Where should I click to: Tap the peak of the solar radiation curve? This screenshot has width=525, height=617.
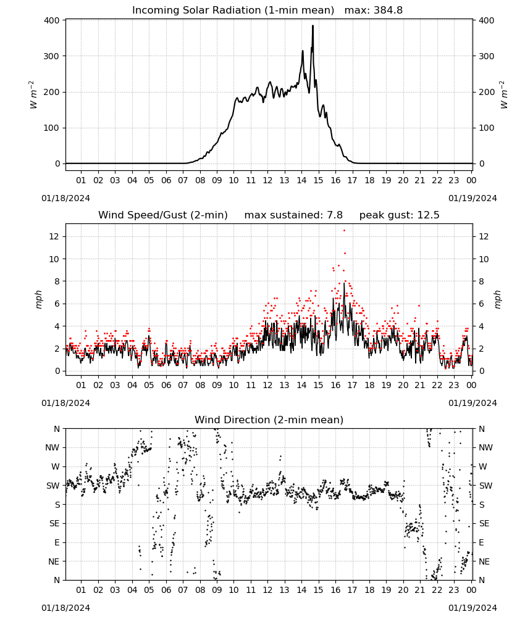(x=313, y=25)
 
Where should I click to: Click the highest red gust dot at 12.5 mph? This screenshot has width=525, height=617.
(x=344, y=231)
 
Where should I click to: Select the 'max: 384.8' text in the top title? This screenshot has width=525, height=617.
(x=374, y=10)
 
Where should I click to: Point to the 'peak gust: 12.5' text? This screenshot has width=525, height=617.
(x=399, y=215)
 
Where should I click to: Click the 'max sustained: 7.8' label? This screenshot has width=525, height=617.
(x=293, y=215)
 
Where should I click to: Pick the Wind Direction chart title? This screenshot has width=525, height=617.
(x=269, y=420)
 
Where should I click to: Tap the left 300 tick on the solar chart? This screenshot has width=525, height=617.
(x=52, y=56)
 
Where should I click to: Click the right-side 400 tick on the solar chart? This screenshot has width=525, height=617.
(x=487, y=20)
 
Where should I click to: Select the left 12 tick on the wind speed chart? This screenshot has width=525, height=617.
(x=55, y=236)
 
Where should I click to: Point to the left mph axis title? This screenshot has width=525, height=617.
(x=38, y=299)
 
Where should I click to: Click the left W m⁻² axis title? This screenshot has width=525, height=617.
(x=33, y=95)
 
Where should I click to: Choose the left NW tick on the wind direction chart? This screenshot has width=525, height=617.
(x=52, y=447)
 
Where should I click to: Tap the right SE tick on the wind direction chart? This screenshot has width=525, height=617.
(x=484, y=523)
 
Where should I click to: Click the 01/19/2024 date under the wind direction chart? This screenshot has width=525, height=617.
(x=472, y=608)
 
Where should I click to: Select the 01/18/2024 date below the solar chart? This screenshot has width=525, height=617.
(x=65, y=198)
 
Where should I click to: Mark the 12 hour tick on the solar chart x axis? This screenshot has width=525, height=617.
(x=267, y=180)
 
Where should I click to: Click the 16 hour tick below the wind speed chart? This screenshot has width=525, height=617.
(x=335, y=385)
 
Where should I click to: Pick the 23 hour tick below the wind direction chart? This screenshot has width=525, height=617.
(x=454, y=590)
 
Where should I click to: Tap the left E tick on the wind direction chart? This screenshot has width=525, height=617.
(x=57, y=542)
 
